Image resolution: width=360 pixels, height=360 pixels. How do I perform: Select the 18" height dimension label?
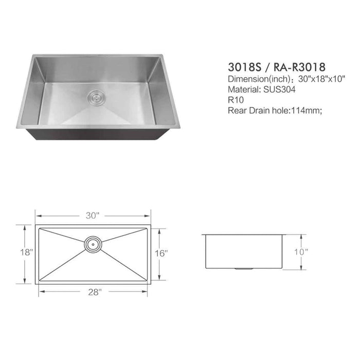27,253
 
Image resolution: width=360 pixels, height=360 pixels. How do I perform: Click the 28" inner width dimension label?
93,292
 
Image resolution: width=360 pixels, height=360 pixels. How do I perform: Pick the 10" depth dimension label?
302,252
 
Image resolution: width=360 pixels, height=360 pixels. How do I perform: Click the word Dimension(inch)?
256,79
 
